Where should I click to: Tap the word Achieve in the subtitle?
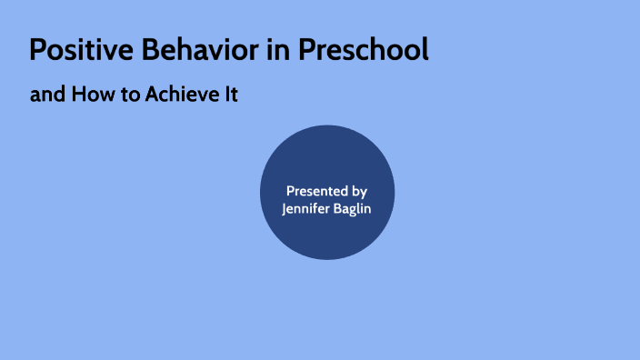pos(180,95)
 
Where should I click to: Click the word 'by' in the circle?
pos(359,192)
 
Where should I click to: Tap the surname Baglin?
pos(351,210)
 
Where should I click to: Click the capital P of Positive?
pos(37,51)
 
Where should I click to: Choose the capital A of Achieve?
pos(151,95)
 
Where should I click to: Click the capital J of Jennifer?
pos(285,210)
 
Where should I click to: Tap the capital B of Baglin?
pos(335,210)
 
